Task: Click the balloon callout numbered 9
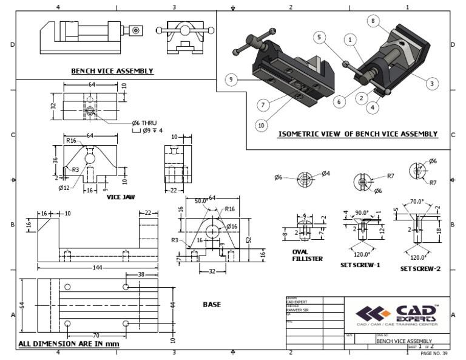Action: coord(230,79)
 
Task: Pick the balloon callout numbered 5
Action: coord(318,37)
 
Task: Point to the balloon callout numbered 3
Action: coord(431,83)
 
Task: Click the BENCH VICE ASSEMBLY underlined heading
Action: coord(112,71)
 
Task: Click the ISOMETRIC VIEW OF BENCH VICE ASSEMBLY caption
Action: coord(357,134)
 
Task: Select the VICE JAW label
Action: coord(120,197)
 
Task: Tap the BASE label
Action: coord(212,304)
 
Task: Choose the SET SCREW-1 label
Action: coord(360,265)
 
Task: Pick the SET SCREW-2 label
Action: coord(420,268)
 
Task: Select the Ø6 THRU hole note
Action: coord(129,122)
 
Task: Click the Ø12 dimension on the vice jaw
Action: coord(64,188)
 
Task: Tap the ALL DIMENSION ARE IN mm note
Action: coord(69,344)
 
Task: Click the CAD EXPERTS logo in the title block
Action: coord(397,314)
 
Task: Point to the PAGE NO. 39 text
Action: coord(434,353)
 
